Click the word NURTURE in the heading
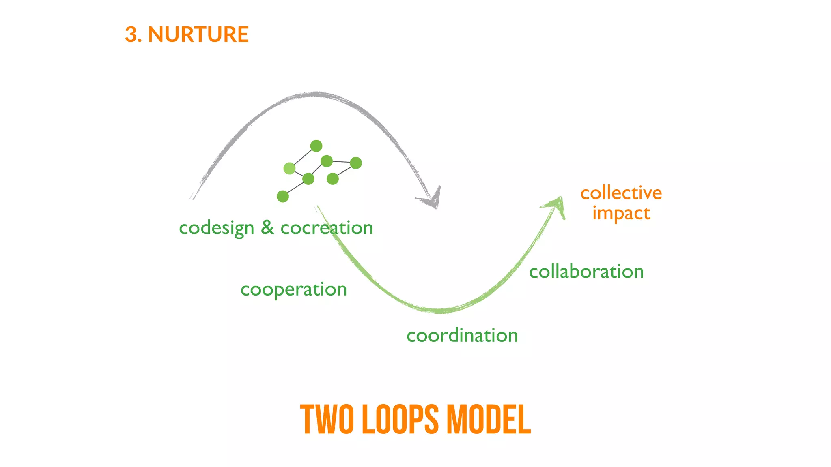click(198, 34)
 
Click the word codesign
click(216, 228)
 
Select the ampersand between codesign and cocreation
click(267, 227)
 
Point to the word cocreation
click(327, 228)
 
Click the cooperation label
click(293, 289)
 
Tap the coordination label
click(462, 336)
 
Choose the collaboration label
click(586, 272)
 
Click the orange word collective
click(621, 193)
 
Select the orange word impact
click(621, 213)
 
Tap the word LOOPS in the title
click(400, 420)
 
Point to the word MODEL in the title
click(489, 420)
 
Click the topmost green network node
click(316, 146)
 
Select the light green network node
click(289, 168)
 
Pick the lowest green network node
click(283, 197)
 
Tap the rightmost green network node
click(356, 163)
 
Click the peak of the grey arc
click(316, 94)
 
